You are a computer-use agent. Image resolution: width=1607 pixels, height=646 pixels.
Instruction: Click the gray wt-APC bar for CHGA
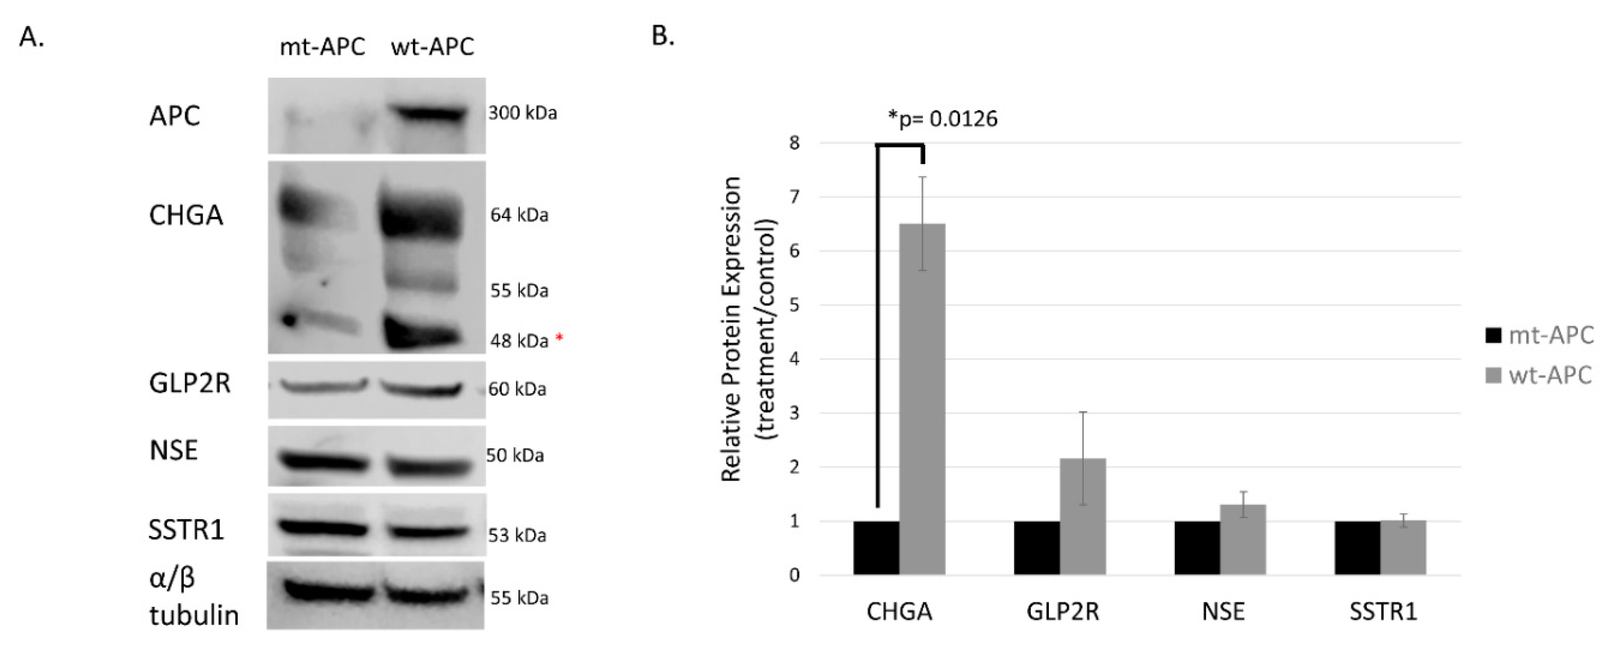pyautogui.click(x=922, y=399)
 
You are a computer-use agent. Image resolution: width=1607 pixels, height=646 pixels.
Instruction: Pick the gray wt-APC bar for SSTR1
pyautogui.click(x=1403, y=547)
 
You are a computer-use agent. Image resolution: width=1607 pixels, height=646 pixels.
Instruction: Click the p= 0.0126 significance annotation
pyautogui.click(x=943, y=118)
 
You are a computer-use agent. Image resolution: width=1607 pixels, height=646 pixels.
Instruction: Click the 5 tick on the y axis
pyautogui.click(x=793, y=305)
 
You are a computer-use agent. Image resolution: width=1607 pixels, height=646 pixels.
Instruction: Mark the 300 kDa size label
pyautogui.click(x=522, y=113)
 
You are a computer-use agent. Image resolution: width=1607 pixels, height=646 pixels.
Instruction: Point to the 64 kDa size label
pyautogui.click(x=519, y=215)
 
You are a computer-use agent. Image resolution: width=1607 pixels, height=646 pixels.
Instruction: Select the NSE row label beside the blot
pyautogui.click(x=174, y=450)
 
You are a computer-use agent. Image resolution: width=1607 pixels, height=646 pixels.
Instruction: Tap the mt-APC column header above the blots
pyautogui.click(x=322, y=47)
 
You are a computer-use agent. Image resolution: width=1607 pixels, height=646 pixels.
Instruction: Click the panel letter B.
pyautogui.click(x=663, y=36)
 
